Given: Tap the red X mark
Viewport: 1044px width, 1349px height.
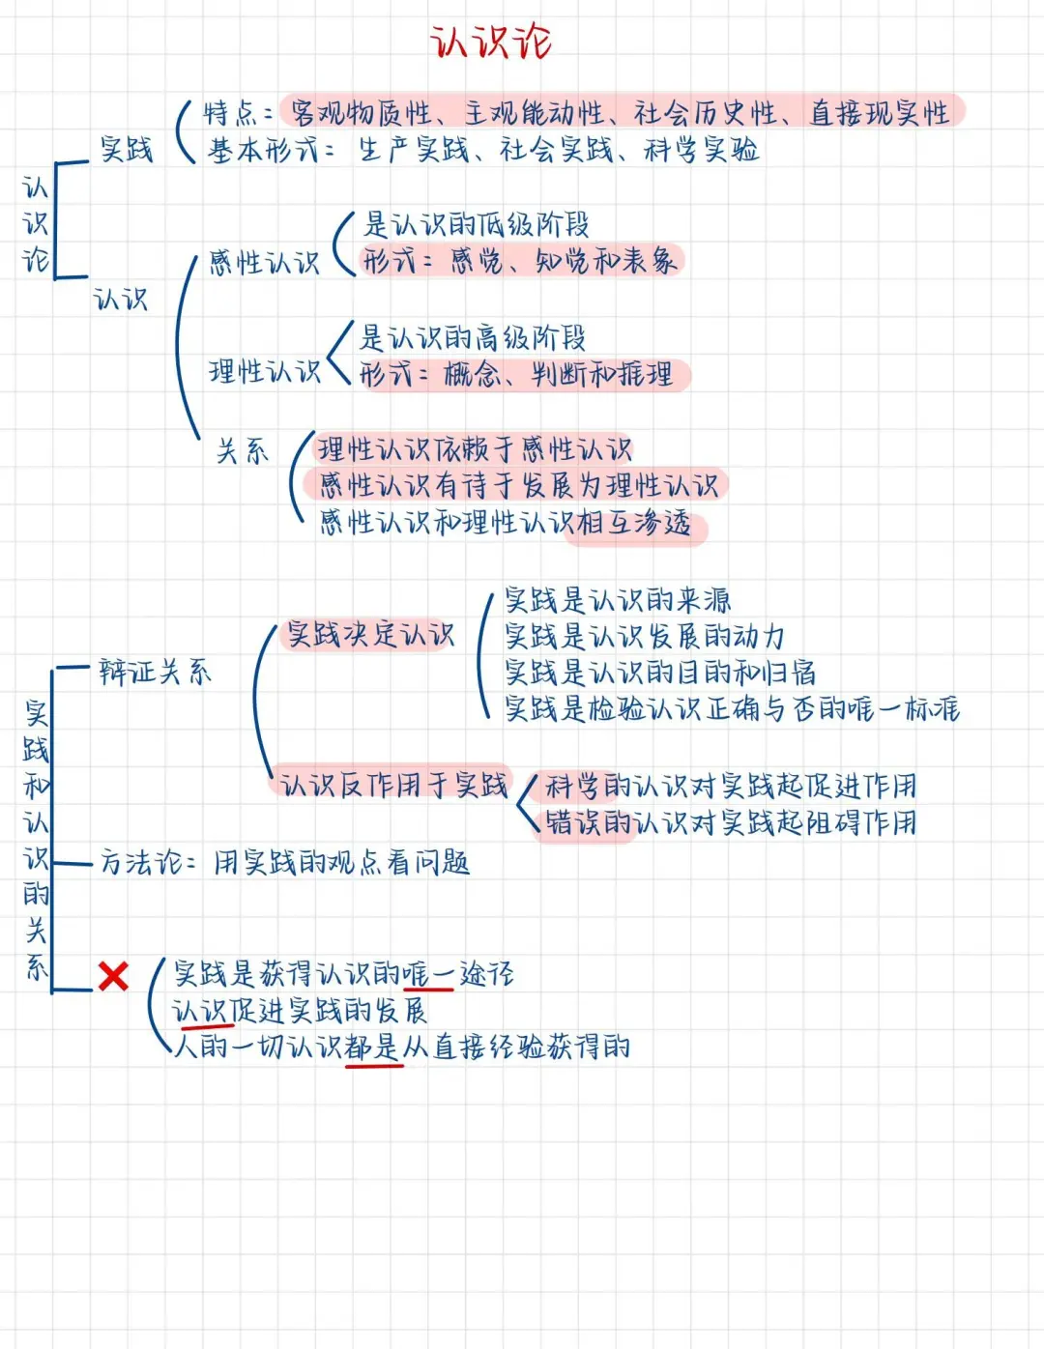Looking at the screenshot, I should point(113,976).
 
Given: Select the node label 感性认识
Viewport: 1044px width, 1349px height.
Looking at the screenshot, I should point(264,263).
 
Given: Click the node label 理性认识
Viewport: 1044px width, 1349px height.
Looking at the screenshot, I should point(264,372).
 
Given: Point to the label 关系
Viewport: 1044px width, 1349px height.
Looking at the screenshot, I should point(243,451).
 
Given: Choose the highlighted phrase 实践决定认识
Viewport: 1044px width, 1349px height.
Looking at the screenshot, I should point(370,635).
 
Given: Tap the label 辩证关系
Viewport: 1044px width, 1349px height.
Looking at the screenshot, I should point(155,673).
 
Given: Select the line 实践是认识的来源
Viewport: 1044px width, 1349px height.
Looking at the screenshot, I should point(618,601).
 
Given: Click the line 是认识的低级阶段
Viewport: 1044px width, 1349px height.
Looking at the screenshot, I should point(476,225).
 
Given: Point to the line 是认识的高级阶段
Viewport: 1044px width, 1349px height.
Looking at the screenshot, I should point(473,338).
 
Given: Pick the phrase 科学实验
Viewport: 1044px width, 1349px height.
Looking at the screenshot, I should point(702,151).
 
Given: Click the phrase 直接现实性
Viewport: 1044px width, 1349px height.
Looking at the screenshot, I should point(880,113).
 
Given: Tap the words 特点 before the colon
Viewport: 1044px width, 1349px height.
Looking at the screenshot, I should point(229,113).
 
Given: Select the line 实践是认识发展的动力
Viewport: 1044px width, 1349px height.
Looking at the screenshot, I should point(644,637).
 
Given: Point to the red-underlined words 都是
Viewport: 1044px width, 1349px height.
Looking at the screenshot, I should point(372,1048).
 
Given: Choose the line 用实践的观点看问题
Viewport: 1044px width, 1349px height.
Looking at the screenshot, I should point(341,862).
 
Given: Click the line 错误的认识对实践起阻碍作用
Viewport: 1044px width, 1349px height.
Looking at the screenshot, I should point(731,823).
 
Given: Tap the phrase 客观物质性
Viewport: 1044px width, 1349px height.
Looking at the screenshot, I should point(362,113).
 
